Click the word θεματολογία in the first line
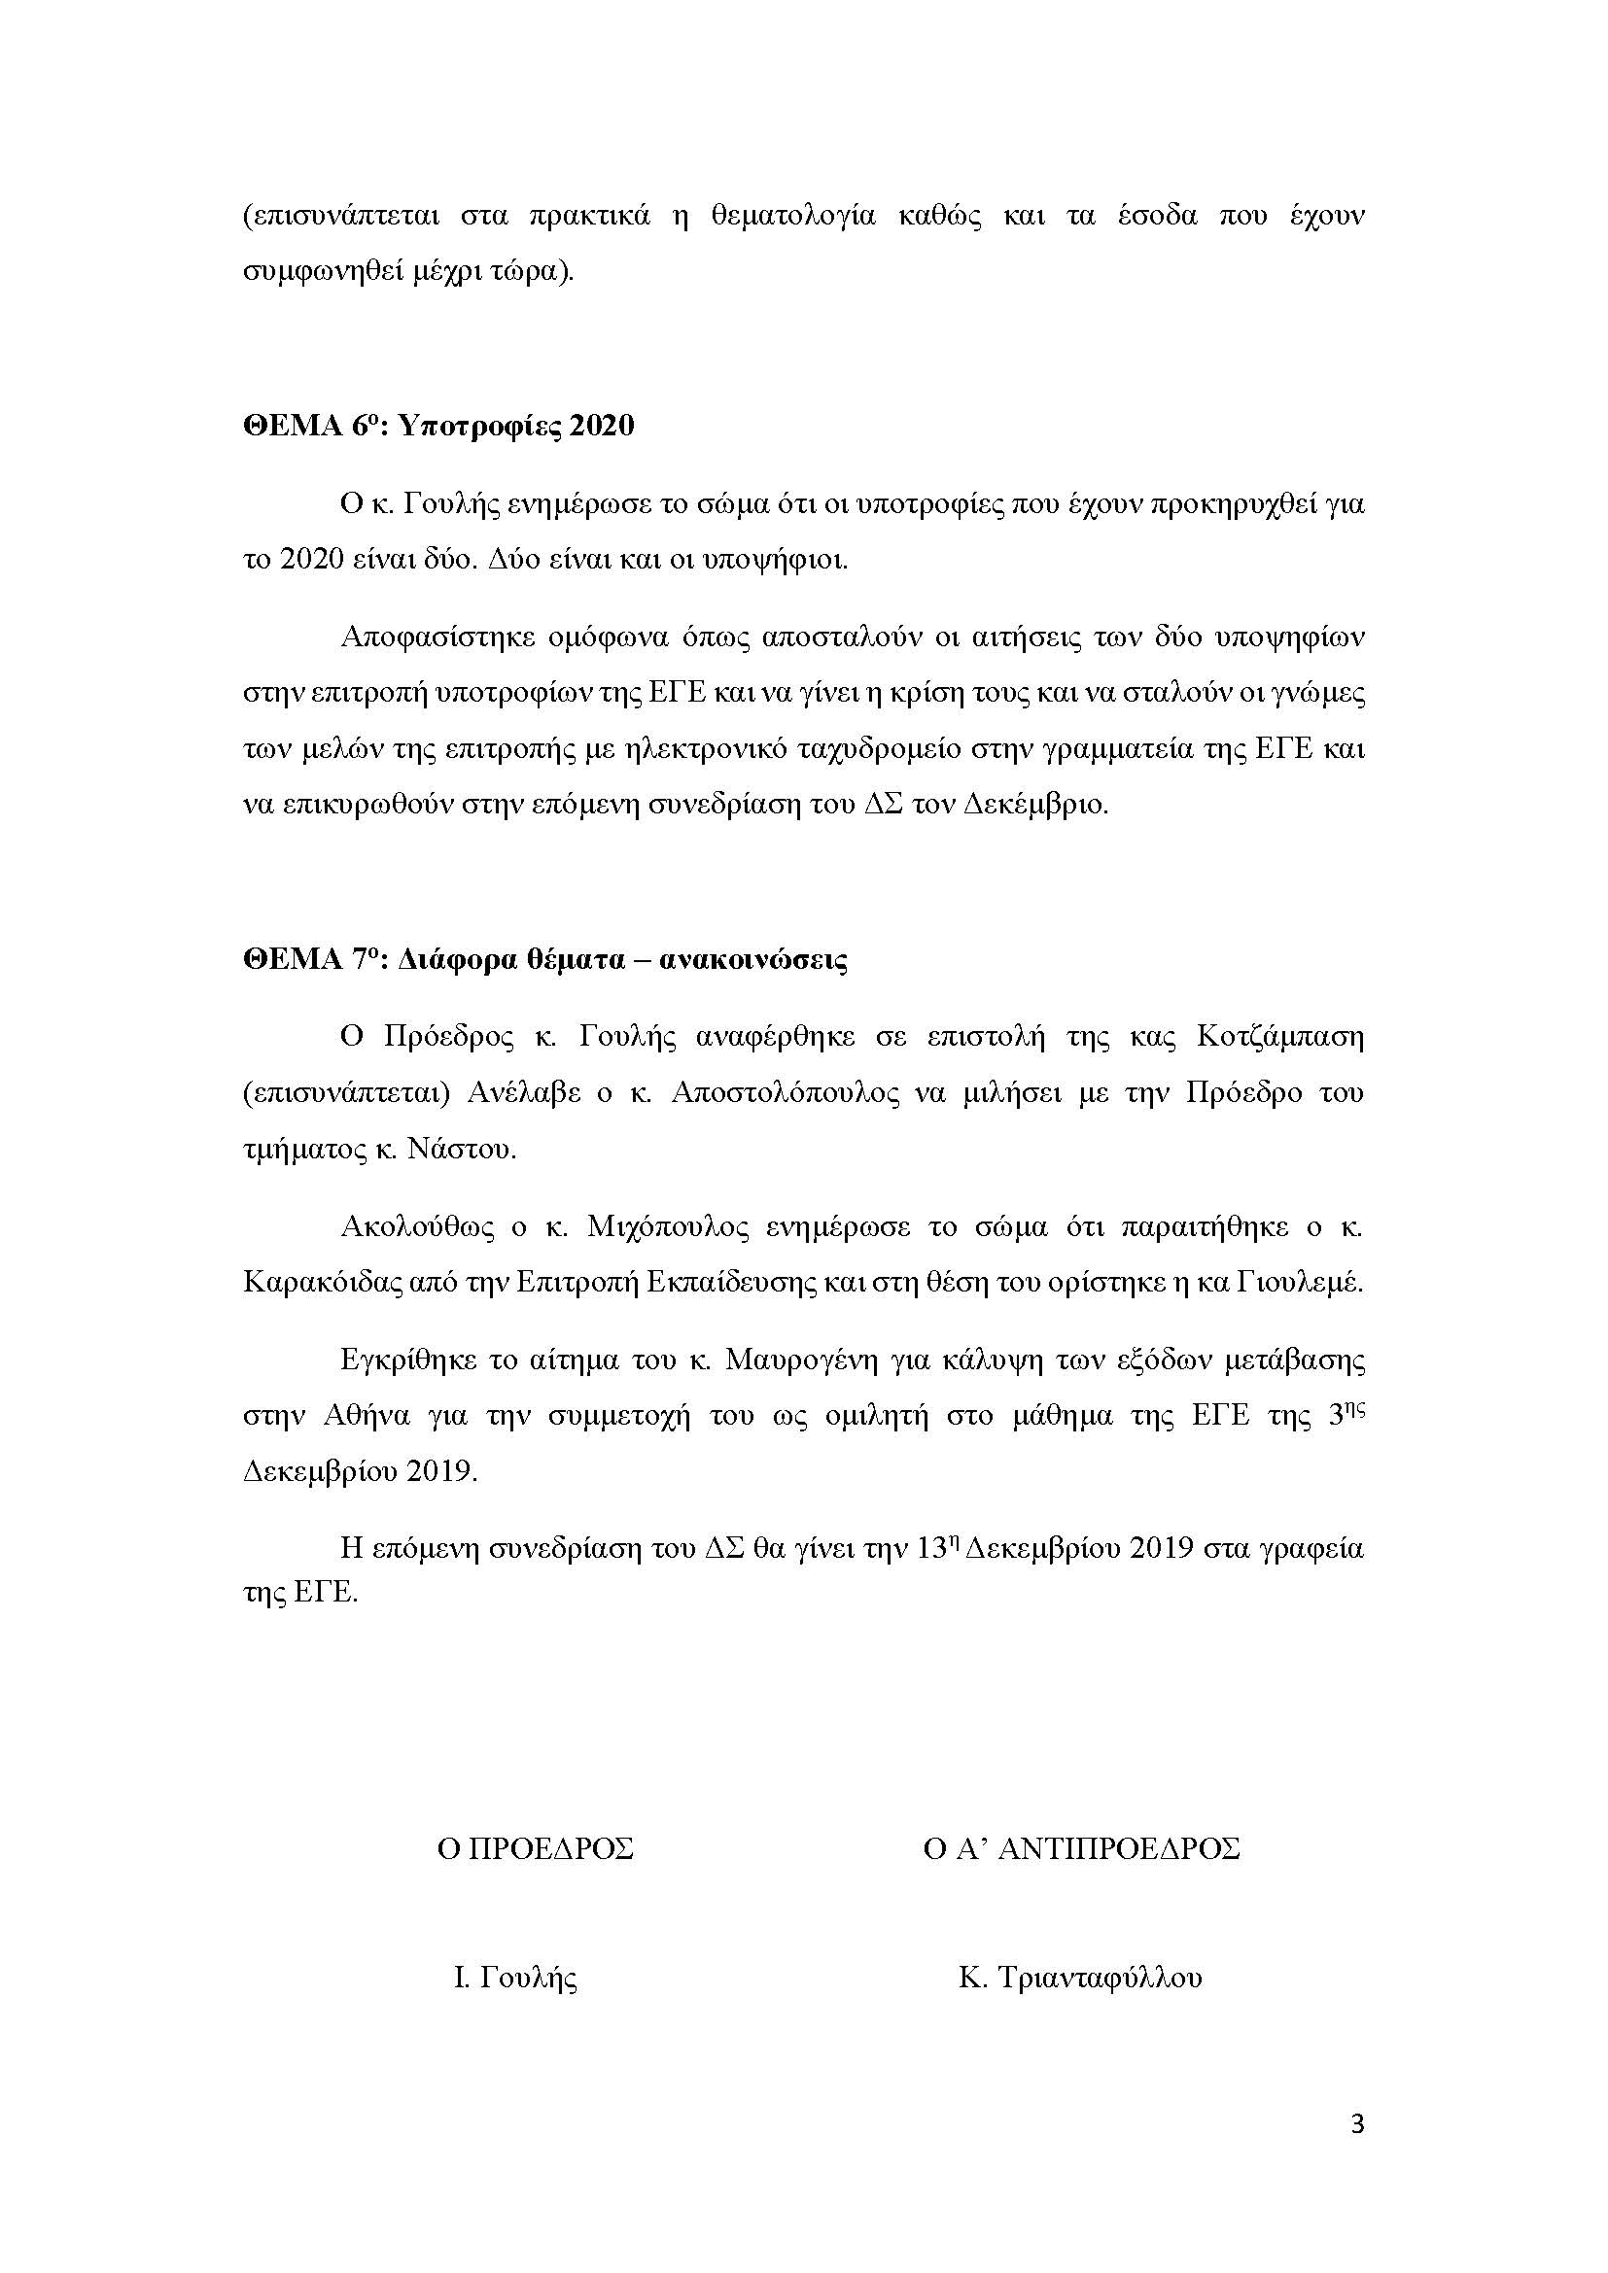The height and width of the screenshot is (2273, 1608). (x=793, y=217)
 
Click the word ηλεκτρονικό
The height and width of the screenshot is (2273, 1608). (x=693, y=748)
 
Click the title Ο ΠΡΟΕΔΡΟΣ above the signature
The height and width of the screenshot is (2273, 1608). (x=536, y=1848)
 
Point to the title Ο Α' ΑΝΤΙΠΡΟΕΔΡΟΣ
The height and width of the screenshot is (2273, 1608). (x=1081, y=1848)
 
